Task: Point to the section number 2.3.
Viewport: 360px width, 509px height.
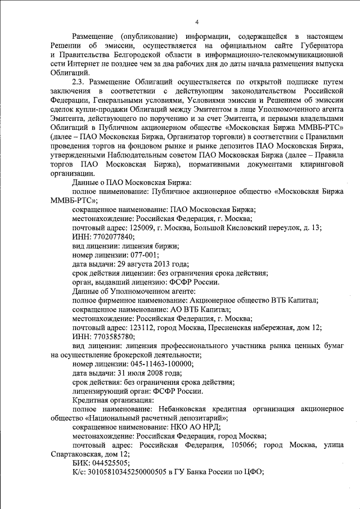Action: coord(80,82)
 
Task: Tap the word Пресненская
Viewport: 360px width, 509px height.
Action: coord(235,327)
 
